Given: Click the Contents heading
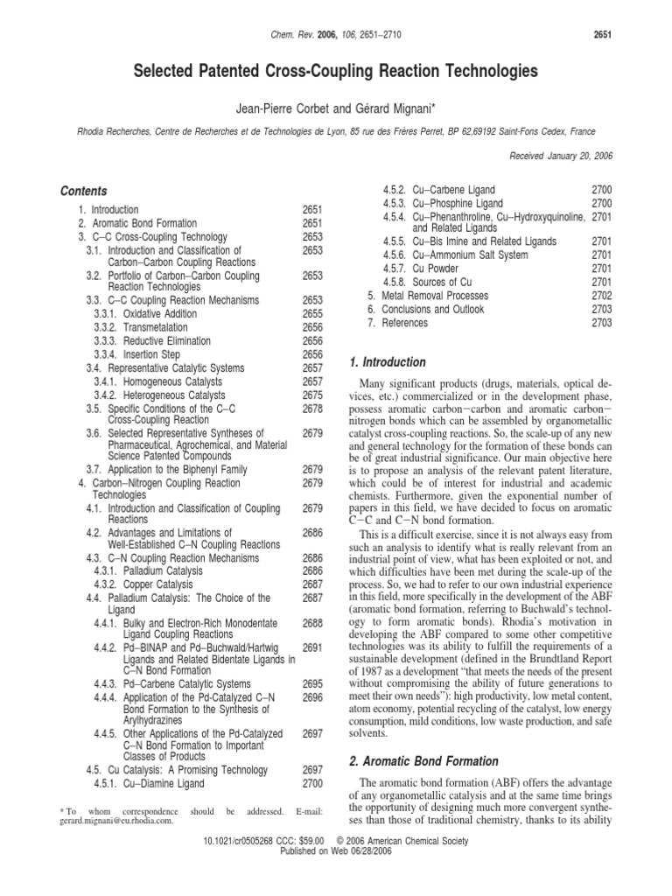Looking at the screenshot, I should [84, 191].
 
